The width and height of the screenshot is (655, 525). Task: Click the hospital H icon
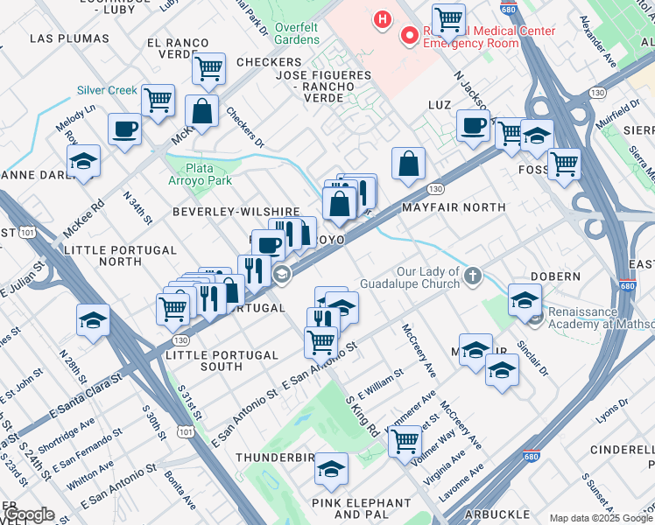pos(382,17)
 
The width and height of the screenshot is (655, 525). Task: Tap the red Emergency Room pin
pos(408,36)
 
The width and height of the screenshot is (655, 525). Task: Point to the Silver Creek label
pos(107,90)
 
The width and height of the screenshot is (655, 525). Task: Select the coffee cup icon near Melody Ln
pos(123,129)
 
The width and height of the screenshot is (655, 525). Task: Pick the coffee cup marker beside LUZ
pos(473,124)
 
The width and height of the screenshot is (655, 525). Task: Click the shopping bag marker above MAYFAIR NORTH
pos(408,163)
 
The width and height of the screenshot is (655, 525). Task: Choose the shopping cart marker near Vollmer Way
pos(404,441)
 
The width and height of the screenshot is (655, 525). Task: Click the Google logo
pos(28,514)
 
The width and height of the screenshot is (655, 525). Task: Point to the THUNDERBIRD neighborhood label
pos(274,458)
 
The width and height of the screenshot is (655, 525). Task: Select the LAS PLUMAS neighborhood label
pos(60,38)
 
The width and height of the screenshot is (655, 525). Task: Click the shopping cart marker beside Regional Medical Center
pos(448,18)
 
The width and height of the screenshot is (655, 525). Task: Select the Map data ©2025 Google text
pos(600,517)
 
